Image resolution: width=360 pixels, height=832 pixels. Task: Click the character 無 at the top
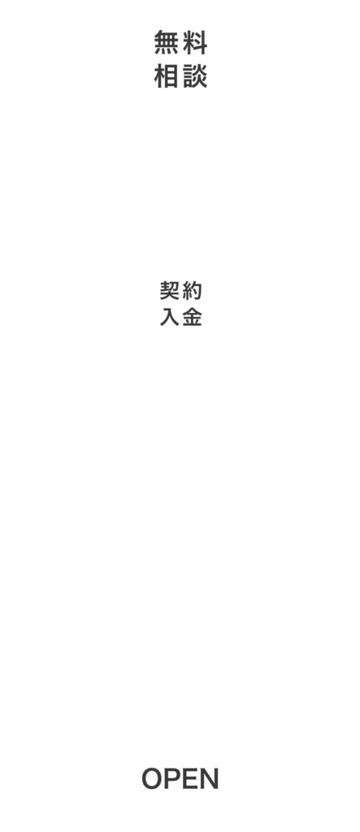tap(166, 42)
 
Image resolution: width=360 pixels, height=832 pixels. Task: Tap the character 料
tap(195, 42)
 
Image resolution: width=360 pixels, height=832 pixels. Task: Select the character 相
tap(166, 76)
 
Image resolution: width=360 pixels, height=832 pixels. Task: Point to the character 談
tap(195, 76)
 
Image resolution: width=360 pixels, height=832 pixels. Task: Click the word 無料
tap(180, 42)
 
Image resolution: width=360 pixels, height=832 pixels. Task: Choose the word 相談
tap(180, 76)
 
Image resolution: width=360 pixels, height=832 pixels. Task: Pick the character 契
tap(169, 291)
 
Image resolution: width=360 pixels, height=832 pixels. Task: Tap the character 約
tap(193, 291)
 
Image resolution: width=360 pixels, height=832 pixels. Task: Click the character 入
tap(169, 318)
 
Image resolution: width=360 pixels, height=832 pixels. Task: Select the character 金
tap(193, 318)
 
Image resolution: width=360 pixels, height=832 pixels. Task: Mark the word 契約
tap(181, 291)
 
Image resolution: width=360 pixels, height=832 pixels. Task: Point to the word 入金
tap(181, 318)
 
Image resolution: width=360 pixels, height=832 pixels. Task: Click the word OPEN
tap(180, 779)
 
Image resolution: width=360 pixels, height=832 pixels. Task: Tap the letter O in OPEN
tap(153, 779)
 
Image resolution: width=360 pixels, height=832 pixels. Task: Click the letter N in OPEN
tap(210, 779)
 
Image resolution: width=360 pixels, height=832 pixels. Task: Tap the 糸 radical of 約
tap(188, 291)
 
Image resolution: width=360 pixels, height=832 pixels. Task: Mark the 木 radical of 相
tap(159, 76)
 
